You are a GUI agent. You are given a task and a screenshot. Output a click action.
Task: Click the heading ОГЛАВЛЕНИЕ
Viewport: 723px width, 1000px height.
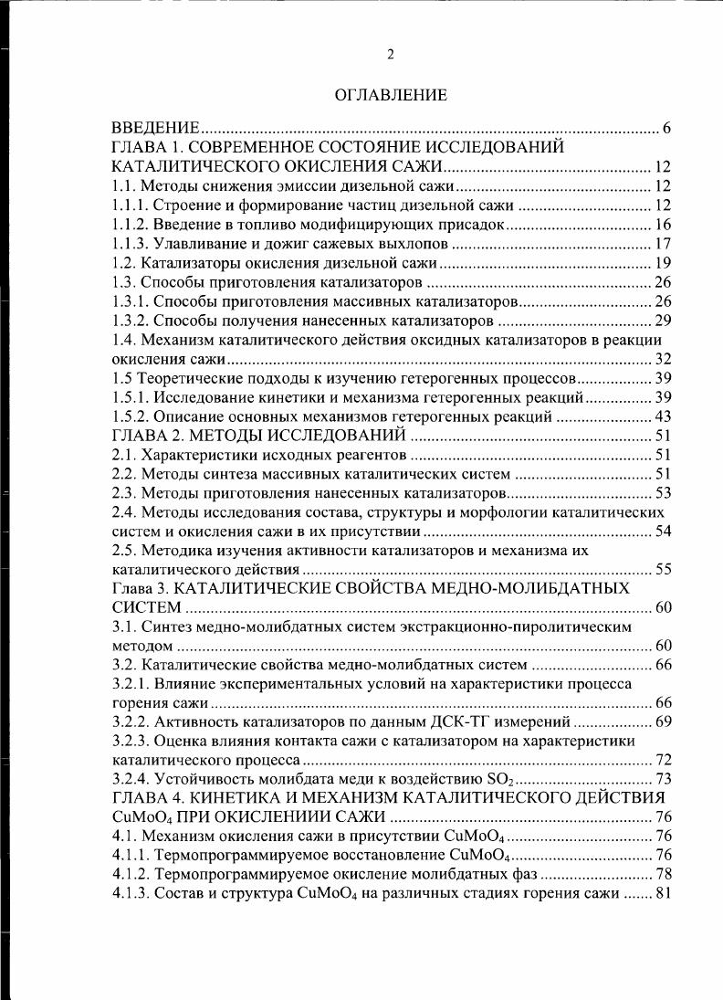(x=391, y=94)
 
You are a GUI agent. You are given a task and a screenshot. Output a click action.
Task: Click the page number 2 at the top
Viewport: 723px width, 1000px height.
(x=391, y=55)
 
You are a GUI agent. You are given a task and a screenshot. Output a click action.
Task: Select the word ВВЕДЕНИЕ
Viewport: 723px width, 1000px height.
(x=155, y=127)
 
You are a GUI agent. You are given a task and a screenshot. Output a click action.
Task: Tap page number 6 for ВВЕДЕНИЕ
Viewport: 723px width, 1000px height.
(x=667, y=127)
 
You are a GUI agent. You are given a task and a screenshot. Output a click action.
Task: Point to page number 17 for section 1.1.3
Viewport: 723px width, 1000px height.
(x=663, y=243)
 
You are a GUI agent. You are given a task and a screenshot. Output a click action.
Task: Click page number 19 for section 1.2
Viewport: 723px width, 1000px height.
(x=663, y=263)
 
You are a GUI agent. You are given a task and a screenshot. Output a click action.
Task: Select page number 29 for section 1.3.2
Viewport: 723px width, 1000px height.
(x=663, y=321)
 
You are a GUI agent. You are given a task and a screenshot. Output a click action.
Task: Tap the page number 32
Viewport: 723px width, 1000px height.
(x=663, y=359)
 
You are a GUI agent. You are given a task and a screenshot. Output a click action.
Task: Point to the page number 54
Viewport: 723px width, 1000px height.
(x=663, y=532)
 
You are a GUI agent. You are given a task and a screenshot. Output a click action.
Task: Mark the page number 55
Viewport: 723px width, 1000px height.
(x=663, y=570)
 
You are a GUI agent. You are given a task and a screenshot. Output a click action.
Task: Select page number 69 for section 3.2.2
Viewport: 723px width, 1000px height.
(x=663, y=722)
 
